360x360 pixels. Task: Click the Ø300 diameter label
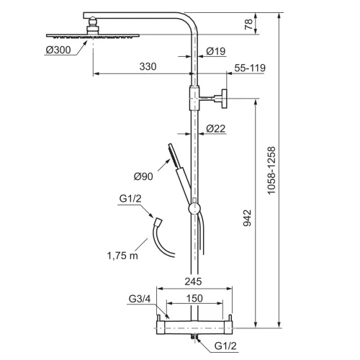coord(58,50)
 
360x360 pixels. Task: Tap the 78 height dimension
coord(248,24)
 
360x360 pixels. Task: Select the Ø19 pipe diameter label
coord(216,51)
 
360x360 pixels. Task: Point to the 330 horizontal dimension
coord(148,66)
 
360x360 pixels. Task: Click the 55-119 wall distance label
coord(250,68)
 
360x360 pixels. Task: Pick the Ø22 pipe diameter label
coord(216,129)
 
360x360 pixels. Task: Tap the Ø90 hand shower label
coord(143,176)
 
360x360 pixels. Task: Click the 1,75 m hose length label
coord(122,256)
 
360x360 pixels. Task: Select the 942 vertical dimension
coord(247,217)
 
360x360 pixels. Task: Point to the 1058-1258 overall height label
coord(271,171)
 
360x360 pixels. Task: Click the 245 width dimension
coord(193,282)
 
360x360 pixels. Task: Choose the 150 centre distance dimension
coord(194,298)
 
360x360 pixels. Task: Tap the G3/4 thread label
coord(140,299)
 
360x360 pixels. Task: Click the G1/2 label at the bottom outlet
coord(225,346)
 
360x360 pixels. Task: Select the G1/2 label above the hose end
coord(130,199)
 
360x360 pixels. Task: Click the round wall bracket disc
coord(224,99)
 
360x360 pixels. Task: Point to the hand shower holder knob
coord(194,209)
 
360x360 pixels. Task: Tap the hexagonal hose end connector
coord(158,221)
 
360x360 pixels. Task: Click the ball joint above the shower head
coord(93,22)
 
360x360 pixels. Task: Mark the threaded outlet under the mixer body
coord(194,336)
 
